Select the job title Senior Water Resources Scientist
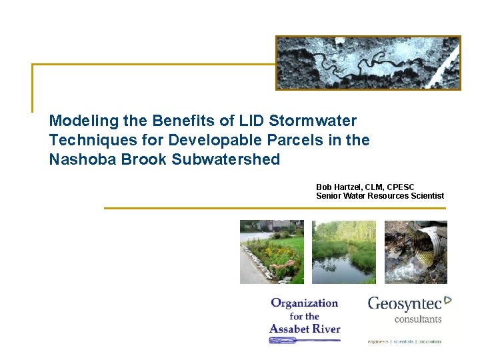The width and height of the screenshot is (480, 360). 380,195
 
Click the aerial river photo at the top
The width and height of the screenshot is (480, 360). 368,63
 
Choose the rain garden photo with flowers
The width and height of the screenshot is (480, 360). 272,252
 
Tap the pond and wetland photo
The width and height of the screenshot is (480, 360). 343,252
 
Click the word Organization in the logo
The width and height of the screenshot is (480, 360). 304,303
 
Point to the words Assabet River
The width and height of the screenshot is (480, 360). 305,328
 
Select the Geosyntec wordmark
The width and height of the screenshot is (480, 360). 405,304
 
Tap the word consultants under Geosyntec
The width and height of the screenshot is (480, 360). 418,319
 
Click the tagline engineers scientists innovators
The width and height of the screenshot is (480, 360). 405,341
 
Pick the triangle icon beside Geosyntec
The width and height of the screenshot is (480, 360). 448,301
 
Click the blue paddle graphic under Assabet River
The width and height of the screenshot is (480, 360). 304,340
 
